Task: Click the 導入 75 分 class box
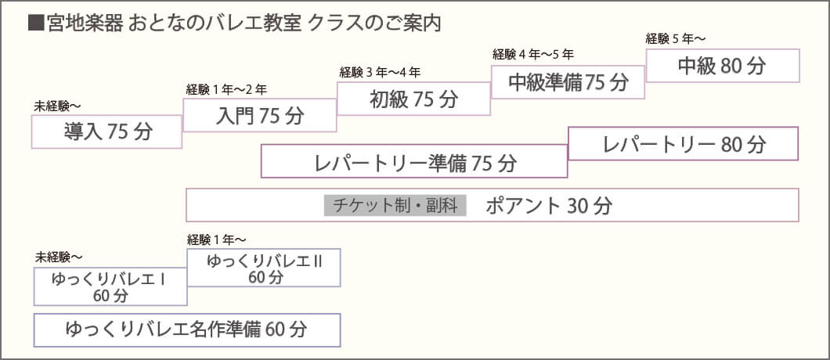click(x=107, y=131)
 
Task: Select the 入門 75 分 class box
click(x=259, y=116)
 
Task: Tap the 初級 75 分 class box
click(x=413, y=99)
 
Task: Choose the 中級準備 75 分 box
click(x=568, y=82)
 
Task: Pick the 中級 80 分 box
click(x=722, y=66)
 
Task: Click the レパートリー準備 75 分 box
click(x=414, y=162)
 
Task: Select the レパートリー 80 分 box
click(x=684, y=144)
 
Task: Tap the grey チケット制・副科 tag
click(x=395, y=206)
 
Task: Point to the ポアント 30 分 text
click(x=548, y=206)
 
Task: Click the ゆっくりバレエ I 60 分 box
click(x=110, y=286)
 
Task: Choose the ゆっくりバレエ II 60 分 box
click(x=265, y=268)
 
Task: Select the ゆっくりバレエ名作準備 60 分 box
click(x=187, y=329)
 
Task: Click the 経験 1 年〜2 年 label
click(x=227, y=89)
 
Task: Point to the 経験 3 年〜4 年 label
click(x=380, y=73)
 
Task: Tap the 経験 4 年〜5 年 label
click(x=533, y=55)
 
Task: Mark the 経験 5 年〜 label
click(x=676, y=38)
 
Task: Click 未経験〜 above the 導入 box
click(x=57, y=106)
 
